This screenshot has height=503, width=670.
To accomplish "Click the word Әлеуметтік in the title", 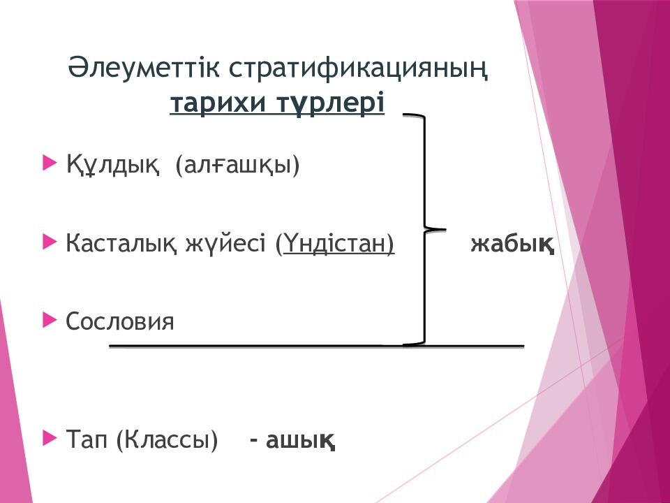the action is click(143, 68).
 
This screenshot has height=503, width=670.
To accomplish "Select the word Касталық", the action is click(121, 244).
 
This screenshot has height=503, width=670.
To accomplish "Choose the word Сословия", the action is click(120, 321).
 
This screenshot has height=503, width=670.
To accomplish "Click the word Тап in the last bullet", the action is click(87, 439).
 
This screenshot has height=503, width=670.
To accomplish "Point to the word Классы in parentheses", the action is click(167, 439).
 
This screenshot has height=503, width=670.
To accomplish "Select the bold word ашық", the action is click(300, 440).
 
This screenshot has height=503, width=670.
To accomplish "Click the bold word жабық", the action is click(512, 245).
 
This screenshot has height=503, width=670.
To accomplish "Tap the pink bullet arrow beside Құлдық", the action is click(50, 163).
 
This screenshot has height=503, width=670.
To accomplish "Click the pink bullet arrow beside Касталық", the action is click(50, 242).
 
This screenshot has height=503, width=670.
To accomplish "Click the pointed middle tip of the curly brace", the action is click(446, 230).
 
